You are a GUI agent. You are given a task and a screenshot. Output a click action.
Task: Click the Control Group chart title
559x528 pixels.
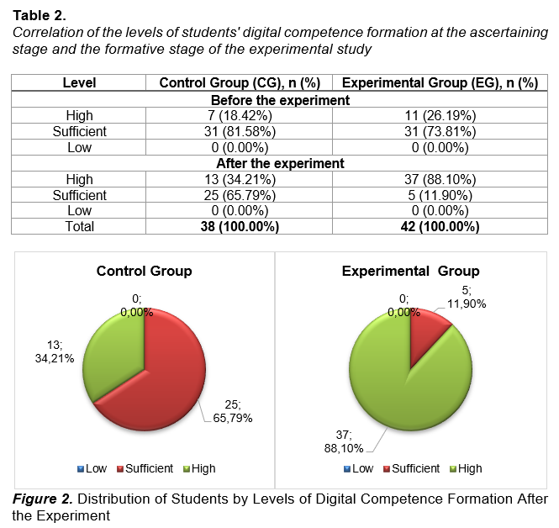[x=144, y=272]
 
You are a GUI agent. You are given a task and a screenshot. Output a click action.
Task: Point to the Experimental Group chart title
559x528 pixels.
[x=411, y=272]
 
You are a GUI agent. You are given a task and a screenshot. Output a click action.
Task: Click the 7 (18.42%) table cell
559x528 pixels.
[x=240, y=115]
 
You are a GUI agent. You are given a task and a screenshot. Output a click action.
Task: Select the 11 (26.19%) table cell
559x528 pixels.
[x=440, y=115]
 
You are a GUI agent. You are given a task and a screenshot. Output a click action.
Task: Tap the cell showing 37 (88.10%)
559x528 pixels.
[x=440, y=179]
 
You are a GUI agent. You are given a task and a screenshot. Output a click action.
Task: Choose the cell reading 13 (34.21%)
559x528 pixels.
[x=240, y=179]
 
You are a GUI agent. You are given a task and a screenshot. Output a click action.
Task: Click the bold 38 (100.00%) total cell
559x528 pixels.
[x=240, y=226]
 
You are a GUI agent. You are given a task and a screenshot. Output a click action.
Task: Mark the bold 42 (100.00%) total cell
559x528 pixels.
[x=440, y=226]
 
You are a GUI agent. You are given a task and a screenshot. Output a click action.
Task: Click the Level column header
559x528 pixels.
[x=79, y=82]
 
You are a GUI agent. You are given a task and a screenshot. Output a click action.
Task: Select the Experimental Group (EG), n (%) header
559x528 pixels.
[x=440, y=82]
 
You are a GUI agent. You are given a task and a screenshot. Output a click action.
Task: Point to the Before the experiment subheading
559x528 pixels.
[x=280, y=100]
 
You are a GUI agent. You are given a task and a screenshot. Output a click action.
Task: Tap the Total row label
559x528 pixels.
[x=79, y=226]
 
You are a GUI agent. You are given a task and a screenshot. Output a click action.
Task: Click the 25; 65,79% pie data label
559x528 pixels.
[x=233, y=411]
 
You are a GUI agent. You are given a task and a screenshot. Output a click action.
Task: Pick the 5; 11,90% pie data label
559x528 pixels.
[x=467, y=298]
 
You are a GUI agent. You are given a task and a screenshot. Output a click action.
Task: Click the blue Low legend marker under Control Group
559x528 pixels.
[x=81, y=469]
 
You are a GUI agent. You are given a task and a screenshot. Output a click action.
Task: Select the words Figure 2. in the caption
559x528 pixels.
[x=43, y=499]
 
